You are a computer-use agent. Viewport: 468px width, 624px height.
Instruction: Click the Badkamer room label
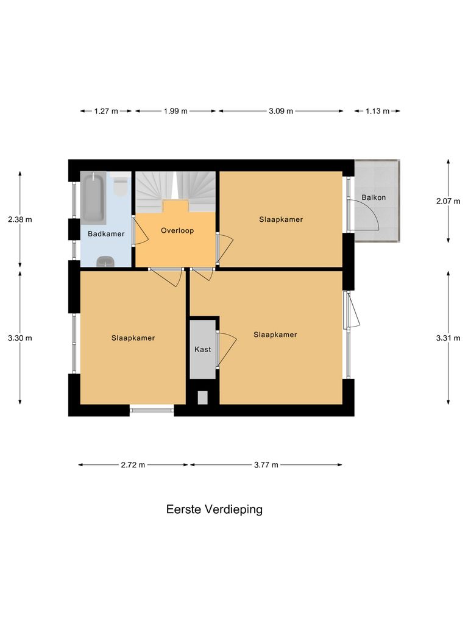(106, 233)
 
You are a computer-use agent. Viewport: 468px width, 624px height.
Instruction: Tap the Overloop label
(177, 230)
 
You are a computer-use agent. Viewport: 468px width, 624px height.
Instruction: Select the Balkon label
(373, 197)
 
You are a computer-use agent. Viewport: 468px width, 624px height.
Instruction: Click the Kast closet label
(202, 349)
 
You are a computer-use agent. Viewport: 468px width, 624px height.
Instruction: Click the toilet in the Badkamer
(121, 186)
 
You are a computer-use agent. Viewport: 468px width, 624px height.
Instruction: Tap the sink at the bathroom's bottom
(106, 262)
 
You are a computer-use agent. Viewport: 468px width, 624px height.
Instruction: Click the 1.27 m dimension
(106, 111)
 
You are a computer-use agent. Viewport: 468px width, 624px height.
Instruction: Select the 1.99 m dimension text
(175, 111)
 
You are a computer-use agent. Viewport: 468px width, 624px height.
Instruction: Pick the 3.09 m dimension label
(281, 111)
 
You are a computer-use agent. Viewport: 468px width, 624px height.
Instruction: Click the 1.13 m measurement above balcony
(378, 111)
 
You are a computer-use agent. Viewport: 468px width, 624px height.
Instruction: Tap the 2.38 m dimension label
(20, 219)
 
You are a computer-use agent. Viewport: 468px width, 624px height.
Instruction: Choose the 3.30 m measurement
(20, 338)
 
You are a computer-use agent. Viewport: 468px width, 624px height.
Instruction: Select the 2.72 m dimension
(133, 464)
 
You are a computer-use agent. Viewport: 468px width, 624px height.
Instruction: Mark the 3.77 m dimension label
(266, 464)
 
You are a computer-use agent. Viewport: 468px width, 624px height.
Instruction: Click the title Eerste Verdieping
(214, 509)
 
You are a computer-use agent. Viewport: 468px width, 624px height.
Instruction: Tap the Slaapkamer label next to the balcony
(280, 219)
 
